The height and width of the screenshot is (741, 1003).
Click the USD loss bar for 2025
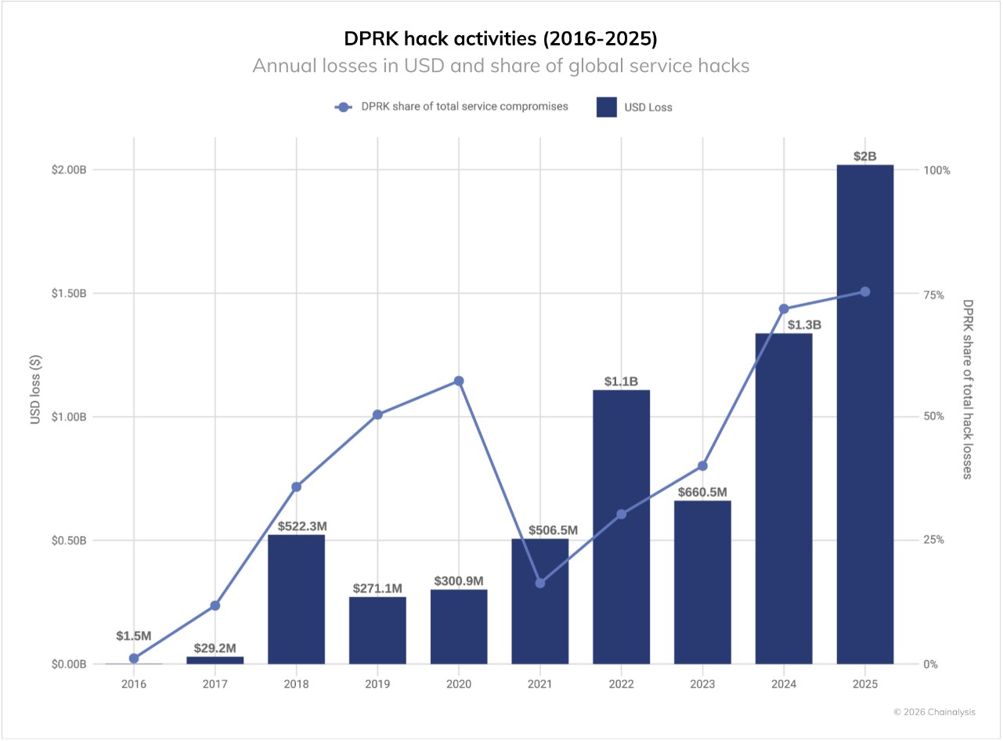click(x=864, y=415)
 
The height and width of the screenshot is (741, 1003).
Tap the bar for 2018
click(x=296, y=599)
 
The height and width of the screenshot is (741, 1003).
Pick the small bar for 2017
click(x=215, y=660)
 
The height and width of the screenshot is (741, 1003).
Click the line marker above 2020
click(x=459, y=381)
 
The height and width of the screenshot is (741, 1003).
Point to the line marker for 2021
click(x=540, y=583)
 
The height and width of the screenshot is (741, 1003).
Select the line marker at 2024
click(x=784, y=309)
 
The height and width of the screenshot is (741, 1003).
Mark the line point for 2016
click(x=134, y=658)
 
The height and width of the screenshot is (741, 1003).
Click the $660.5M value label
click(x=702, y=492)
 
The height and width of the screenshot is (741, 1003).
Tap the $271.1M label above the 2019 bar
click(x=377, y=588)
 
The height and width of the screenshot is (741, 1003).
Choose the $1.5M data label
click(x=134, y=635)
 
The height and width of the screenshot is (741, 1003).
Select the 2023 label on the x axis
click(x=702, y=684)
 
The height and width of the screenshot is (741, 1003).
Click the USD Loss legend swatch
click(x=607, y=107)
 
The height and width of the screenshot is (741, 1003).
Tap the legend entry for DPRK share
click(x=454, y=107)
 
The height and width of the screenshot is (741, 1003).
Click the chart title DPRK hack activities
click(x=501, y=38)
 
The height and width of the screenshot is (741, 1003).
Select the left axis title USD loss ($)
click(x=35, y=389)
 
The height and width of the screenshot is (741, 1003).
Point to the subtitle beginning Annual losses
click(x=501, y=66)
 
